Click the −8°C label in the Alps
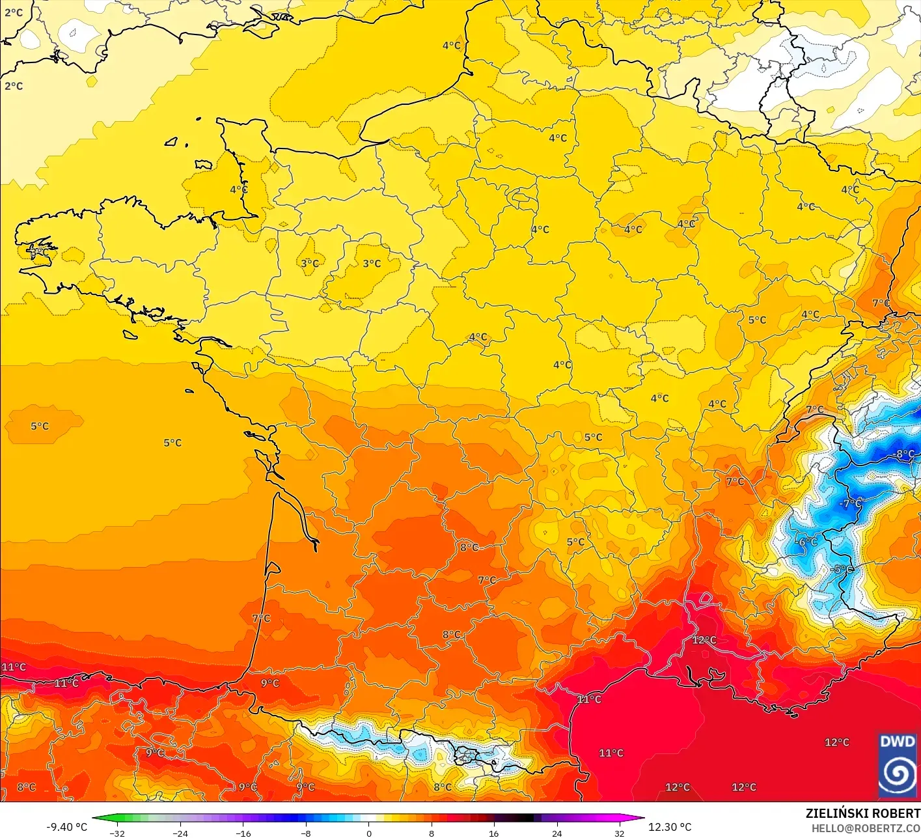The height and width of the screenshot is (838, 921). pos(905,454)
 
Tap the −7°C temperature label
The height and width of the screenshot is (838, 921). pos(850,503)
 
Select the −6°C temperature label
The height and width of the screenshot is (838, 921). pos(806,542)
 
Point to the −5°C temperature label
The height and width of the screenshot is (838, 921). pos(842,568)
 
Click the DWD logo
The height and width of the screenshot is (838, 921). pos(898,765)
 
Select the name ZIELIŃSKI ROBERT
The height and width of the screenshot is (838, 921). pos(862,813)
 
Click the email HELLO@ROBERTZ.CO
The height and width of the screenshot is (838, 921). pos(866,828)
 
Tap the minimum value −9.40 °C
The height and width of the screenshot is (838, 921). pos(66,827)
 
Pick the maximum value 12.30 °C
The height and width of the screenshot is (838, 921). pos(670,827)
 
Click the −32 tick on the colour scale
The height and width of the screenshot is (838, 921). pos(117,833)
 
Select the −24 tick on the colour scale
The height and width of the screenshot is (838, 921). pos(180,833)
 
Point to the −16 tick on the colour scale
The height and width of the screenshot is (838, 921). pos(243,833)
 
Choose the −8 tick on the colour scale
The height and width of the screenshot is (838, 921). pos(306,833)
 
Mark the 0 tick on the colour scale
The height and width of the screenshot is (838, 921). pos(368,833)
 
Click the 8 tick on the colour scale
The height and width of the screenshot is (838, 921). pos(432,833)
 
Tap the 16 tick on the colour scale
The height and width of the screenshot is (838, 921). pos(494,833)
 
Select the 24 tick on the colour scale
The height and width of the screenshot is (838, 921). pos(557,833)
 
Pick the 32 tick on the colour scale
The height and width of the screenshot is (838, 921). pos(620,833)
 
